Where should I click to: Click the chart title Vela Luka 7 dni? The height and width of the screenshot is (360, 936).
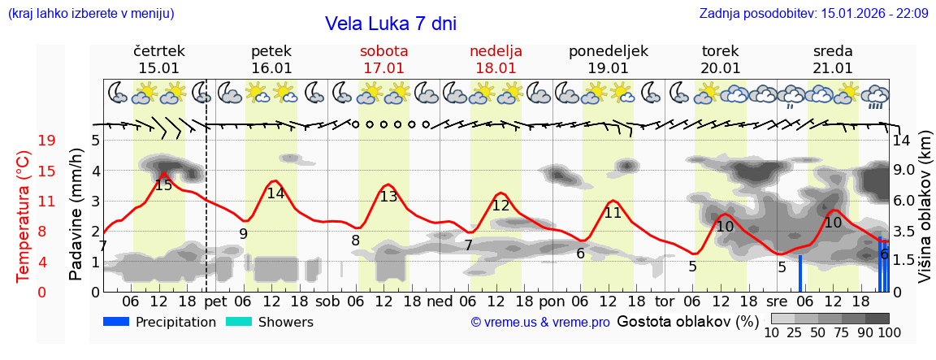coord(390,24)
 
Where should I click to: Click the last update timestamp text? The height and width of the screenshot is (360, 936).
coord(813,13)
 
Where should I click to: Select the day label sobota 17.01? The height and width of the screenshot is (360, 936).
coord(383,59)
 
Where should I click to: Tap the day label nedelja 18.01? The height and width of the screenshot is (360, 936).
coord(496,59)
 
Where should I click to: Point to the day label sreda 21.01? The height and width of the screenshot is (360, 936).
coord(833,59)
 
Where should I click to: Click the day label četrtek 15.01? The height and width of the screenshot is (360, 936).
coord(158,59)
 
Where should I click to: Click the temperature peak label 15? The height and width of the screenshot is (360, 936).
coord(163,185)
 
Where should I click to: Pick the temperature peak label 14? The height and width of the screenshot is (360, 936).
coord(275,193)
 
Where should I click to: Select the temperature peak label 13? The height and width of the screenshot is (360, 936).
coord(388,196)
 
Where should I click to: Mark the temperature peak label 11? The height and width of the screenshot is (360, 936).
coord(613,213)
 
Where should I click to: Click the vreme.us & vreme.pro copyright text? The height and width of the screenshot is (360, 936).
coord(540,323)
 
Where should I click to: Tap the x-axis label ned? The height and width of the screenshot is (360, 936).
coord(440,301)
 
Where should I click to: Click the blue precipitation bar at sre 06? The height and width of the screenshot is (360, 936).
coord(799,273)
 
